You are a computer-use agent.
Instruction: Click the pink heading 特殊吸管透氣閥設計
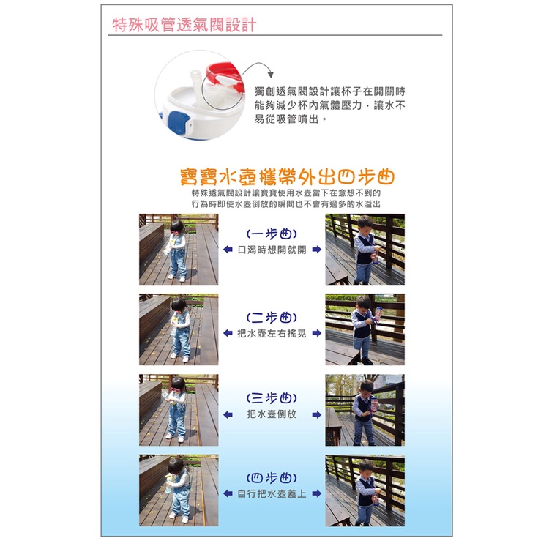point(184,25)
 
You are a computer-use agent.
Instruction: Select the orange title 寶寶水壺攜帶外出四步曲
point(287,177)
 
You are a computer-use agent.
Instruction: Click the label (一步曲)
point(272,234)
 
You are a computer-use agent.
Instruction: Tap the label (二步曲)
point(272,317)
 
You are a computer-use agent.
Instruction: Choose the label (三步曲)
point(272,398)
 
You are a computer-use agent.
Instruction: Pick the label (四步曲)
point(272,478)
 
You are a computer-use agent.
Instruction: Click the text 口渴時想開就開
point(272,250)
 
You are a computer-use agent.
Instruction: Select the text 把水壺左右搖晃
point(272,333)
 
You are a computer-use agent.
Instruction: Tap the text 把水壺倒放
point(272,414)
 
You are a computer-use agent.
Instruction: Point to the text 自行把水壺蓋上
point(272,493)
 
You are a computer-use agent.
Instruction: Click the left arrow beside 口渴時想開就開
point(228,250)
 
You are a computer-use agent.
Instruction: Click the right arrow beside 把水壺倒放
point(316,415)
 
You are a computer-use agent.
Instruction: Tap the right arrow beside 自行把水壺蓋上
point(316,493)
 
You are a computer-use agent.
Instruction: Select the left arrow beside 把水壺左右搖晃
point(228,333)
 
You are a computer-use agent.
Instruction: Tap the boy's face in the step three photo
point(367,388)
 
